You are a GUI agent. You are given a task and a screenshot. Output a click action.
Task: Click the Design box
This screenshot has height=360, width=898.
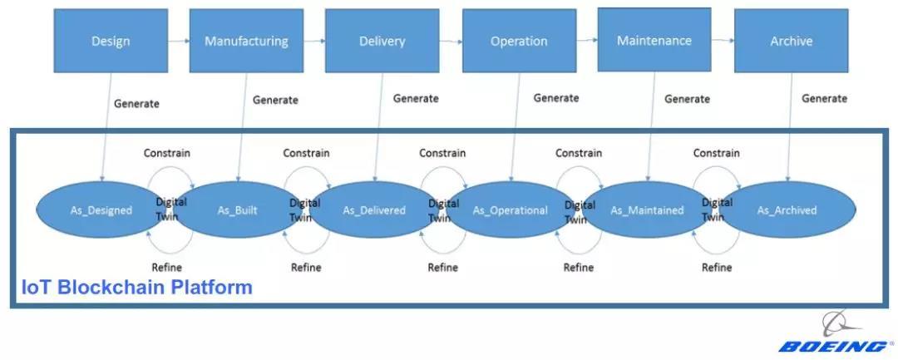coord(110,41)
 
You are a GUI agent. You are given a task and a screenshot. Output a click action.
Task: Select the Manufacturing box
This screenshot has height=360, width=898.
coord(246,41)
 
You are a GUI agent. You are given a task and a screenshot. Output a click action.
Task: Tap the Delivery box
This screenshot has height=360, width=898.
coord(382,41)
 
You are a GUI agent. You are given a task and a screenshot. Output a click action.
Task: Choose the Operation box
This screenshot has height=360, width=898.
coord(519,41)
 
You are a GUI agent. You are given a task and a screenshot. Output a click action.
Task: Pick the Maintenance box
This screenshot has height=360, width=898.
coord(654,40)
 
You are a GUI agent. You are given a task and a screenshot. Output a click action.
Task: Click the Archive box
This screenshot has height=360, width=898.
coord(791,41)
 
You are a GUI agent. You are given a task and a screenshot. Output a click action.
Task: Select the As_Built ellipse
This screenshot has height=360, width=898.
coord(238,210)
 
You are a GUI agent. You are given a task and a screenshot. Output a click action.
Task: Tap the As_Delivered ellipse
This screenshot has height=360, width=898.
coord(374,210)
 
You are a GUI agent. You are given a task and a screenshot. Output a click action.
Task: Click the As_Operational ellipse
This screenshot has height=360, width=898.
coord(511,210)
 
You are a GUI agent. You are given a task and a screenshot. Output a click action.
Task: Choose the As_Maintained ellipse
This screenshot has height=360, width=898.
coord(647,210)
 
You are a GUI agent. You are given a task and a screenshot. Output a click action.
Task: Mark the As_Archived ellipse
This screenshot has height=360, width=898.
coord(787,210)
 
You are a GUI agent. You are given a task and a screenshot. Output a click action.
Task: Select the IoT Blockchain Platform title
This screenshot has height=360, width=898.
coord(136,288)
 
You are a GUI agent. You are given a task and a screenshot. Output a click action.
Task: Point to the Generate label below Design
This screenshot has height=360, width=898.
coord(136,104)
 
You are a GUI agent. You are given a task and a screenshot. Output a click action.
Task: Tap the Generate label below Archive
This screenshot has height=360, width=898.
coord(824,98)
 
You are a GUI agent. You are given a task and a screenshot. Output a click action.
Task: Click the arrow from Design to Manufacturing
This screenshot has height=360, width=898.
coord(177,41)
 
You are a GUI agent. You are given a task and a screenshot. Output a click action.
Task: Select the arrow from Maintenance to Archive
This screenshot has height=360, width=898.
coord(723,41)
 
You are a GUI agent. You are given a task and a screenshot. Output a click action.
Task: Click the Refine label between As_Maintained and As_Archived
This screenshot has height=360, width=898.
coord(717,267)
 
